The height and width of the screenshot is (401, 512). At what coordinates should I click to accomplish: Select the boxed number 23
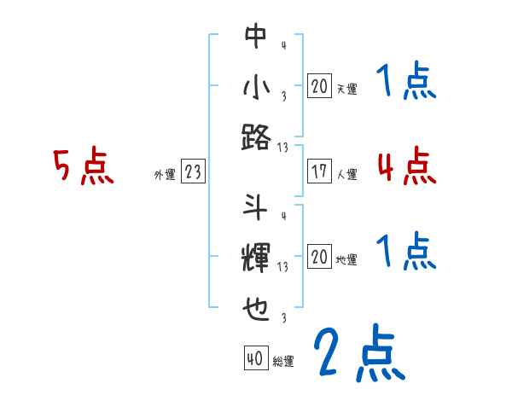click(x=193, y=172)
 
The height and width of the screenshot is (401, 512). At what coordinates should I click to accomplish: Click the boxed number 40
click(x=255, y=359)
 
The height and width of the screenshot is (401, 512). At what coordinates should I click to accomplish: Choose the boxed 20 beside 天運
click(x=319, y=86)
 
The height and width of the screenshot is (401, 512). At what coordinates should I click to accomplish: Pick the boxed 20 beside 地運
click(x=319, y=257)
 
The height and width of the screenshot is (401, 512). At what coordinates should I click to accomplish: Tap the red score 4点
click(x=406, y=166)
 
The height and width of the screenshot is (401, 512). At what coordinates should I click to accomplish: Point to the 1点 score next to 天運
click(x=406, y=83)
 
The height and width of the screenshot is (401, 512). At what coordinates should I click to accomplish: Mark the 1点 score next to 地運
click(x=406, y=253)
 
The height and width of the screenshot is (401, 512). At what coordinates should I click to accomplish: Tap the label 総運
click(x=283, y=362)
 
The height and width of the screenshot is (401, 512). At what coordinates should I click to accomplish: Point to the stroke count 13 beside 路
click(x=283, y=147)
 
